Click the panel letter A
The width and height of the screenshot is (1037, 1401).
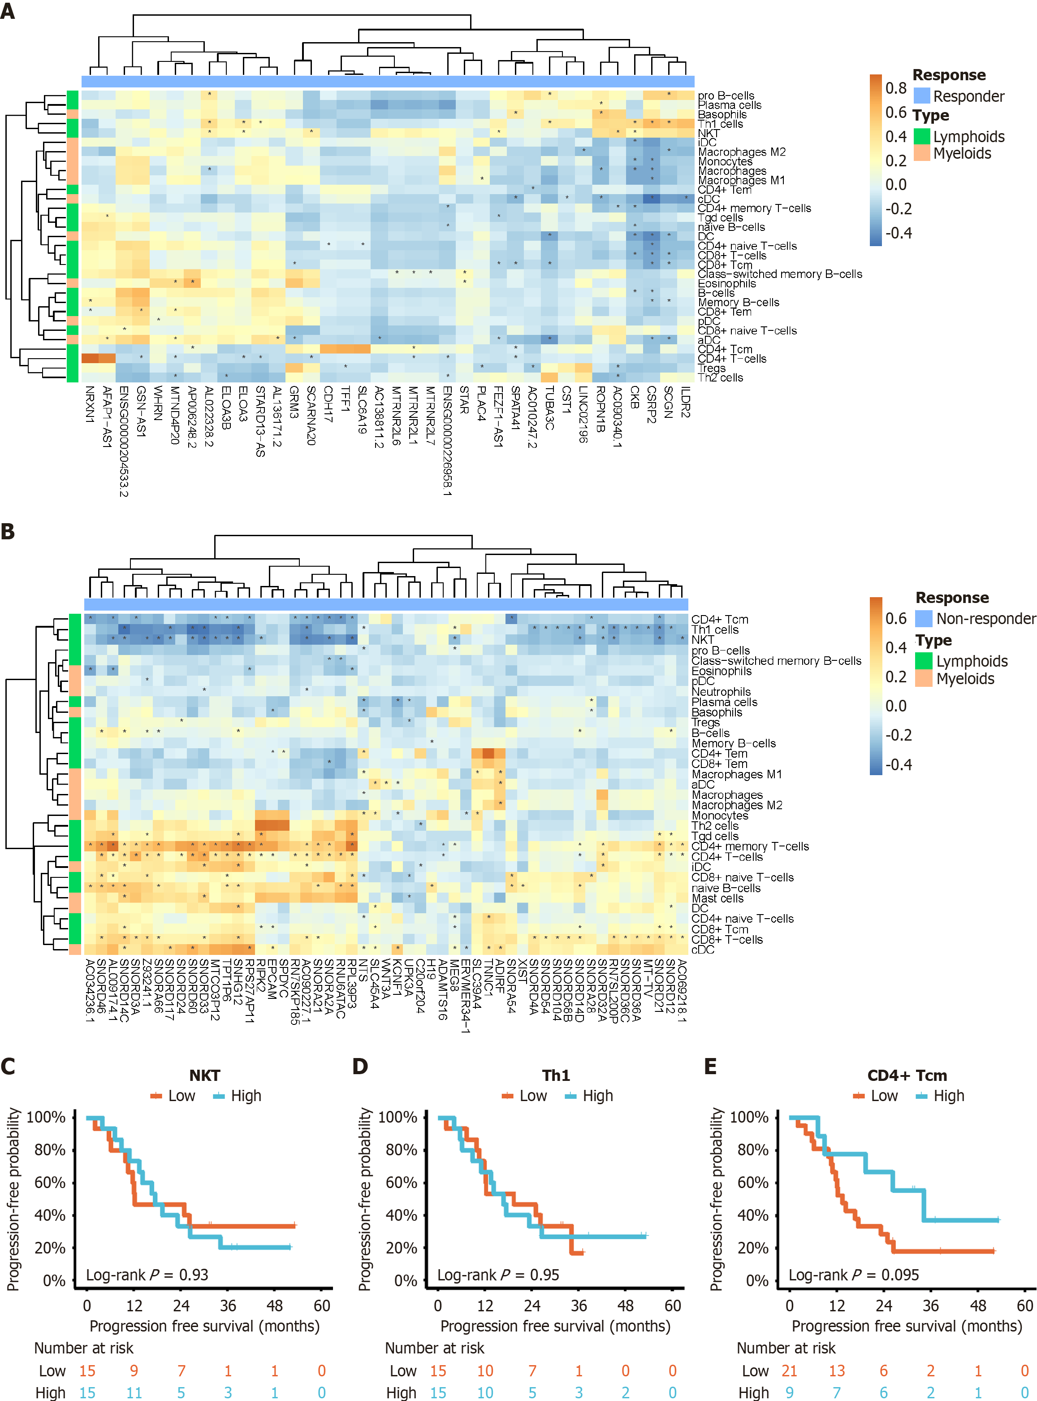pos(8,11)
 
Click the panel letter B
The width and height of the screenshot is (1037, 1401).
pos(8,532)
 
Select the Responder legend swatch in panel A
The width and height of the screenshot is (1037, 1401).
pos(921,96)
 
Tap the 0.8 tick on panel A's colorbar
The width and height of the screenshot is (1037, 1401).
pos(896,88)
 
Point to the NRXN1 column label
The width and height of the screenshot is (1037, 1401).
pos(90,404)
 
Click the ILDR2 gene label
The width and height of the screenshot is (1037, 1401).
pos(686,402)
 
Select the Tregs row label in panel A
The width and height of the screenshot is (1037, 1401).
pos(711,368)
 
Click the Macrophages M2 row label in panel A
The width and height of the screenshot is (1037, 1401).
pos(741,152)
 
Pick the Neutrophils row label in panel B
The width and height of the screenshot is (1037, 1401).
pos(721,691)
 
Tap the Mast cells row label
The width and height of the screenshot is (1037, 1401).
pos(717,898)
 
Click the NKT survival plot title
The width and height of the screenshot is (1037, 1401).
pos(205,1075)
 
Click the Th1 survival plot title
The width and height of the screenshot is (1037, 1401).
pos(556,1075)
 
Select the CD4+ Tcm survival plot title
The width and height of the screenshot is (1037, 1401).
pos(907,1075)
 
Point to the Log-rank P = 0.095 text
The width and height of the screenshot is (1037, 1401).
pos(853,1275)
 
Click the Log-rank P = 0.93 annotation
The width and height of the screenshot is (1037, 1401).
pos(147,1275)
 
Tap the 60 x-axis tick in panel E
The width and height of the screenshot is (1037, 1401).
pos(1024,1306)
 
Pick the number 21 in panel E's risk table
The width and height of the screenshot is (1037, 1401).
pos(789,1371)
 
